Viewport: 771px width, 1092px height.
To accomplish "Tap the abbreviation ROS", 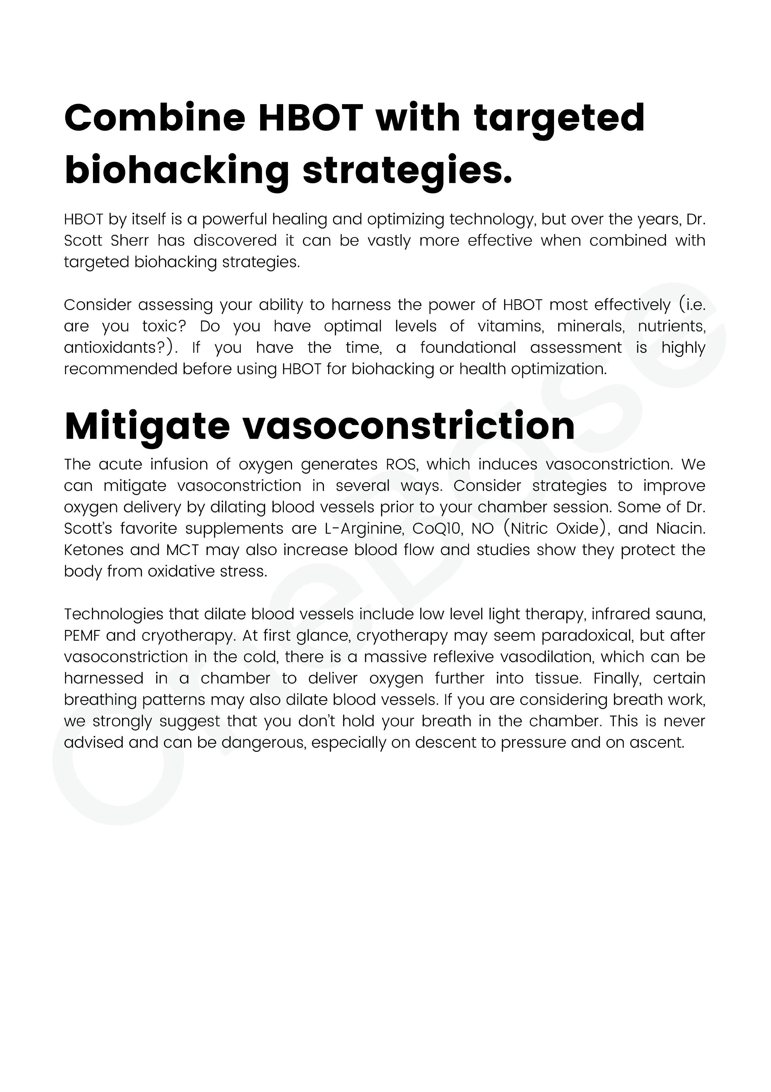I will [401, 464].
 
